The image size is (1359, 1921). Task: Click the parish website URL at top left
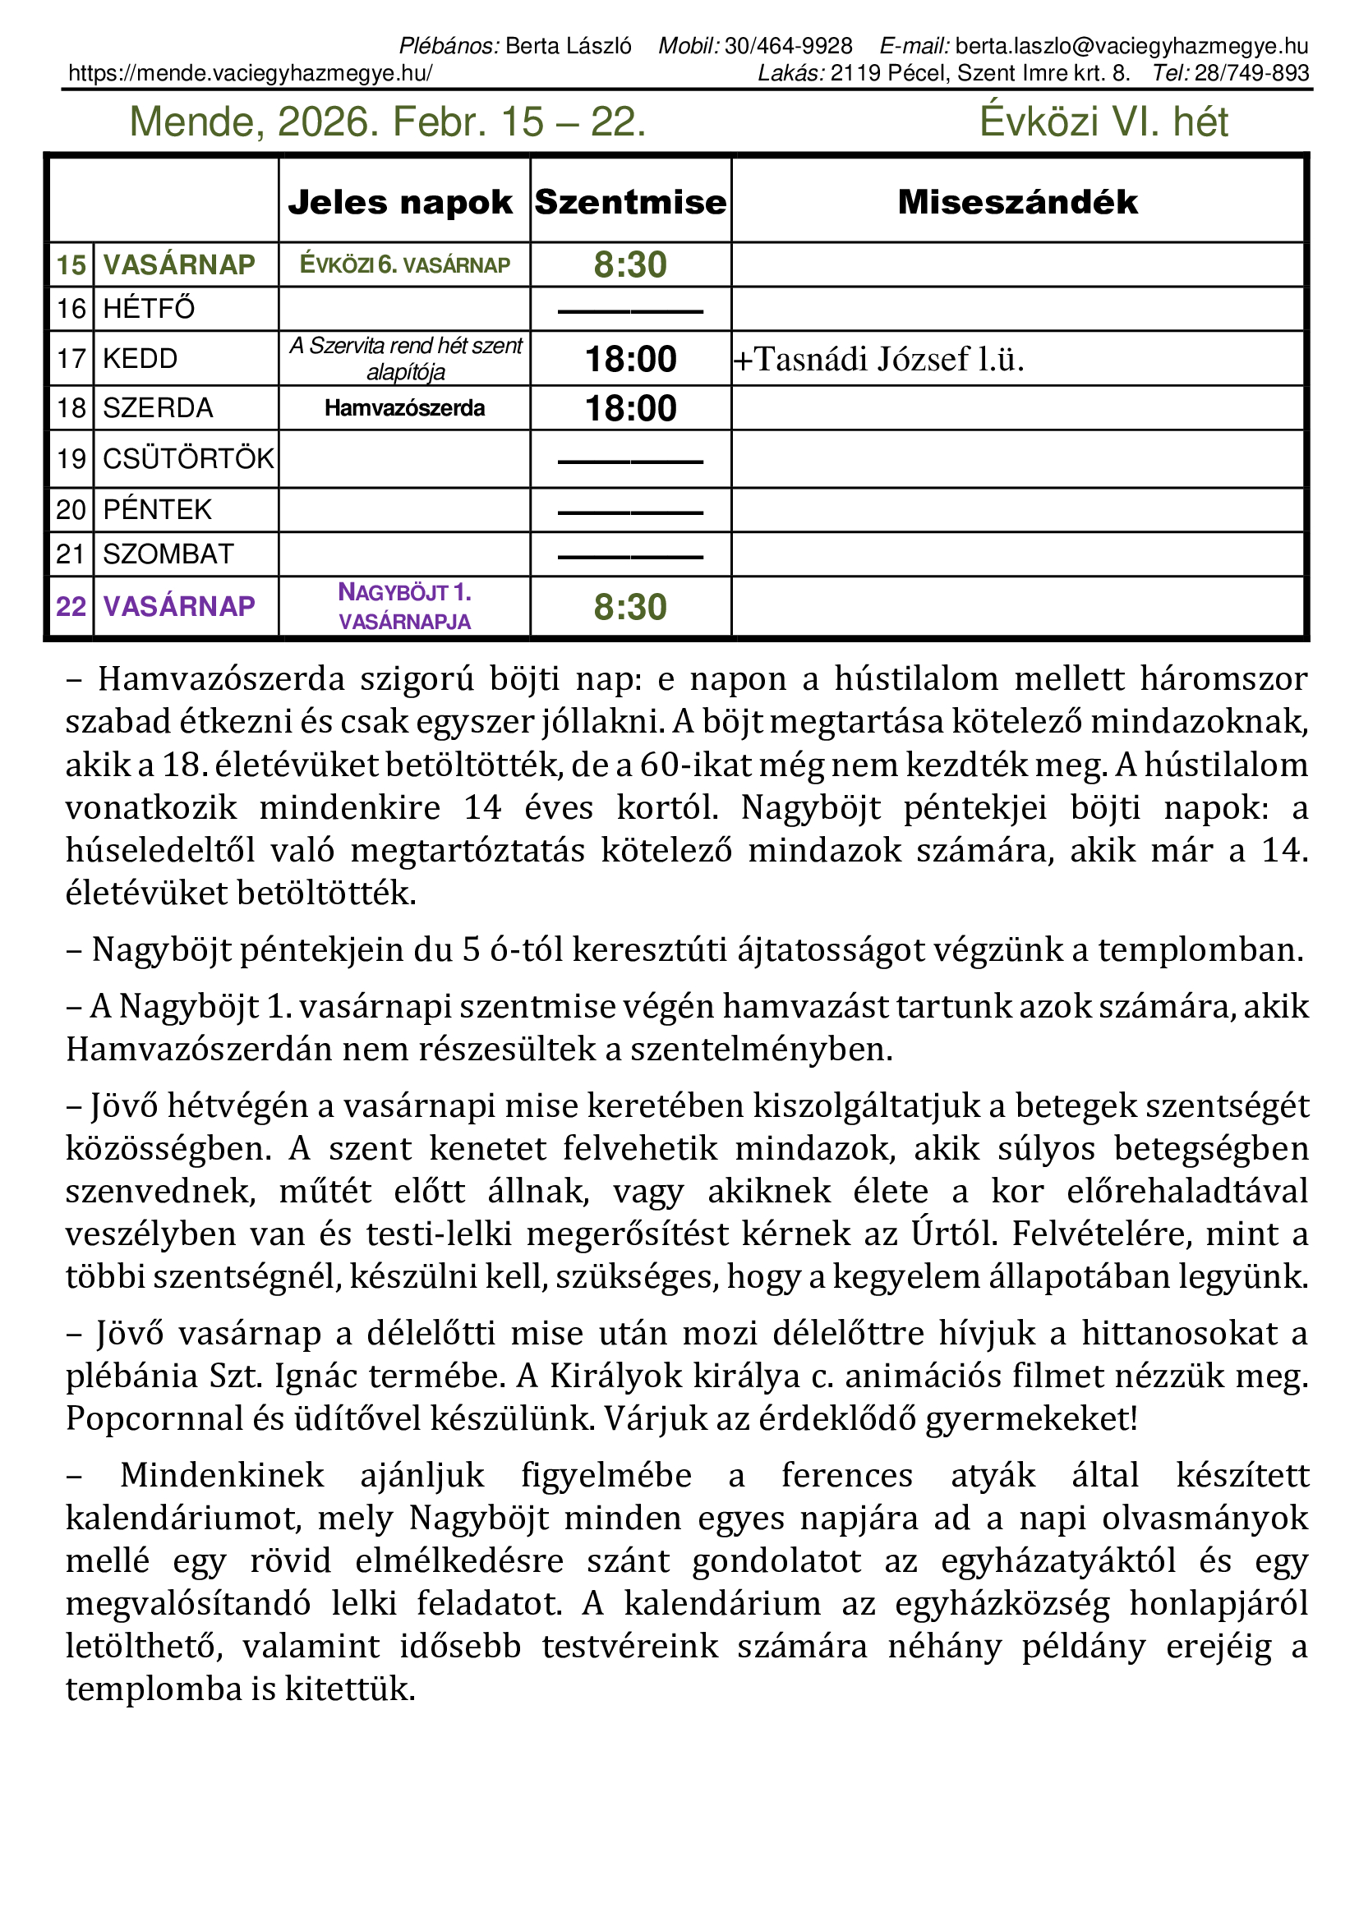251,74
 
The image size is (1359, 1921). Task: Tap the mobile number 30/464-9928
788,46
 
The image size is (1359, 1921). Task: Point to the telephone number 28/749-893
1251,74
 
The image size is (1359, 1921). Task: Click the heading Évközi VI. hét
1103,122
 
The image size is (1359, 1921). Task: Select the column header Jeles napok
400,203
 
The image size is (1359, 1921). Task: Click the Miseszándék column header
1017,203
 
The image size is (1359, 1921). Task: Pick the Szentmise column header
630,203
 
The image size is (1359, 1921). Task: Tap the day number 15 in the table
71,265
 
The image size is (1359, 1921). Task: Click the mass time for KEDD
630,359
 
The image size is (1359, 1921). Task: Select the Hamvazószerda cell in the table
404,408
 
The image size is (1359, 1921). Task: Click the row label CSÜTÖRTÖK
187,458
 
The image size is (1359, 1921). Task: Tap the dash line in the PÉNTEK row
630,512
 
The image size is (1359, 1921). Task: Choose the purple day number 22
71,607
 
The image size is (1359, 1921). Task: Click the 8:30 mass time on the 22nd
630,608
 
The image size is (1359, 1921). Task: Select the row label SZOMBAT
168,554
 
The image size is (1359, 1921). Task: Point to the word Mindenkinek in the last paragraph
222,1475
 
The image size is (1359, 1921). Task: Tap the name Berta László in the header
569,46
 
